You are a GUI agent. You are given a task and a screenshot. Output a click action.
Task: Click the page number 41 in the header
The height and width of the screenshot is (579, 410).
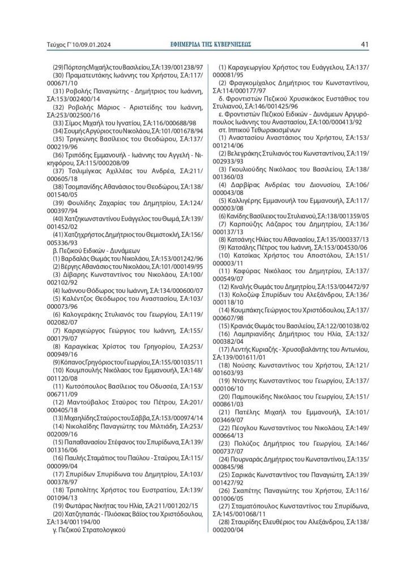click(365, 44)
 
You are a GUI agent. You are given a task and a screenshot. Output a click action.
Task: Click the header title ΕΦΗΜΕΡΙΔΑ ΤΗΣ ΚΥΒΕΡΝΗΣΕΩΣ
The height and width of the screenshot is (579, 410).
click(211, 44)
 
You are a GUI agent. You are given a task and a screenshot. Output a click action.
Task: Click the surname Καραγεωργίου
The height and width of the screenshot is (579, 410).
click(253, 67)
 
